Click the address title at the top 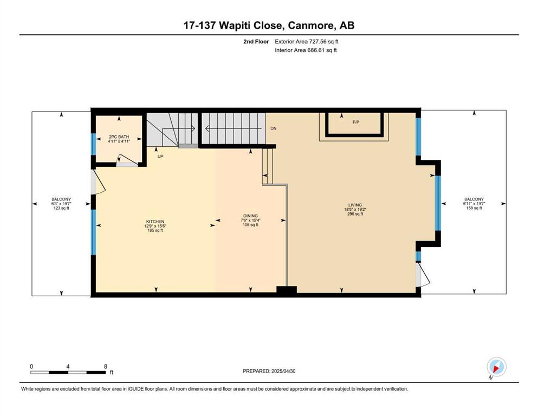pyautogui.click(x=269, y=25)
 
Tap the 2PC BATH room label pyautogui.click(x=119, y=137)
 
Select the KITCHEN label pyautogui.click(x=155, y=222)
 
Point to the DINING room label pyautogui.click(x=250, y=216)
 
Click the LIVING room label pyautogui.click(x=355, y=205)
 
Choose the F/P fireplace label pyautogui.click(x=356, y=122)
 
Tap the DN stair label pyautogui.click(x=274, y=128)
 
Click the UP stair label pyautogui.click(x=160, y=157)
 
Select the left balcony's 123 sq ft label pyautogui.click(x=61, y=208)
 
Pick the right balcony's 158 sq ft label pyautogui.click(x=474, y=208)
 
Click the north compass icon pyautogui.click(x=496, y=367)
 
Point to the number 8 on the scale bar pyautogui.click(x=106, y=366)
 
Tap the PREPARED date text pyautogui.click(x=269, y=371)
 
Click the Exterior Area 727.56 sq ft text pyautogui.click(x=307, y=42)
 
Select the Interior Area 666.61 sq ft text pyautogui.click(x=306, y=50)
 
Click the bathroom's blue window pyautogui.click(x=93, y=144)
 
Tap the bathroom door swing pyautogui.click(x=127, y=160)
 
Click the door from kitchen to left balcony pyautogui.click(x=98, y=183)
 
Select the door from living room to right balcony pyautogui.click(x=423, y=275)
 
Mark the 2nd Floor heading pyautogui.click(x=256, y=42)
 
